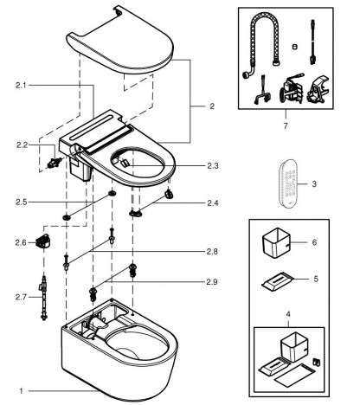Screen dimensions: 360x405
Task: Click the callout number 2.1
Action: (x=21, y=86)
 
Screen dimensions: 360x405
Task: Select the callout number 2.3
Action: (x=212, y=166)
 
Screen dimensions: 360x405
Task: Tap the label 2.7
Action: (x=21, y=297)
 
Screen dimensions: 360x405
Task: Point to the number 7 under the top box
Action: (x=286, y=126)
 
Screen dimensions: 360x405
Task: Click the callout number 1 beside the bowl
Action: (x=21, y=391)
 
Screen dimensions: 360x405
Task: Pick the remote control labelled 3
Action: (x=288, y=184)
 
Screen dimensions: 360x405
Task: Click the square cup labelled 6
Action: (x=275, y=243)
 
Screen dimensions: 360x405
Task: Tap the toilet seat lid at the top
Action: (x=120, y=41)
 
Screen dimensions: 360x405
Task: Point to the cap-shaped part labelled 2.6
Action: (x=42, y=241)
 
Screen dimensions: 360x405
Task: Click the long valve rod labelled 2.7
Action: (x=43, y=298)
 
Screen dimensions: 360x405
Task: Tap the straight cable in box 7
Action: (x=312, y=42)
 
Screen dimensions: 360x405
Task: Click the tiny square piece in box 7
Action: (x=294, y=46)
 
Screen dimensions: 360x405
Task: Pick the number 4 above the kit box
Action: (x=288, y=314)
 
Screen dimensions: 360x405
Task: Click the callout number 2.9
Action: (x=212, y=282)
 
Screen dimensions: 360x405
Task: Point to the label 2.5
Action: (x=22, y=202)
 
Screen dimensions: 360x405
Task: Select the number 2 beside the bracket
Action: (x=212, y=106)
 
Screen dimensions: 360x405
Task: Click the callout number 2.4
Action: (x=213, y=203)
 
